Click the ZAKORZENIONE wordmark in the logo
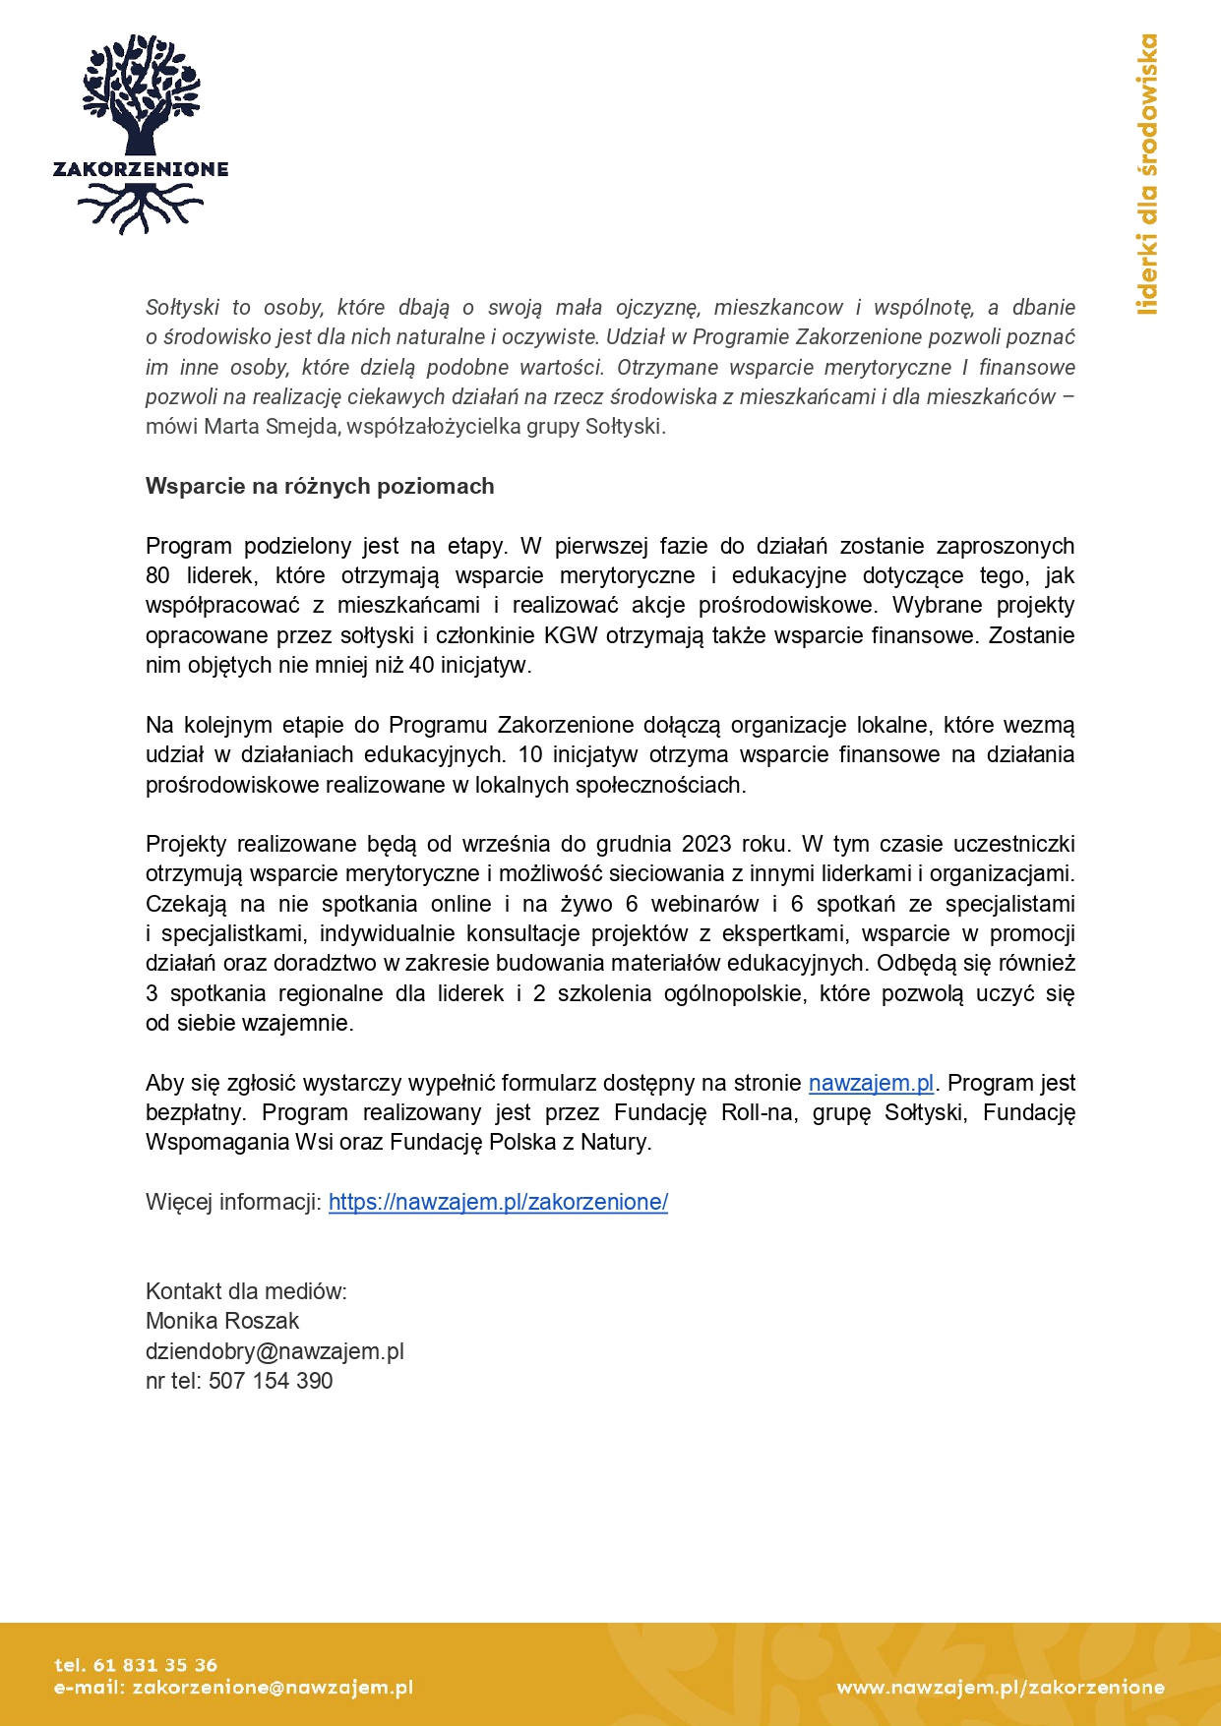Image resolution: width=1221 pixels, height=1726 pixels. [x=141, y=169]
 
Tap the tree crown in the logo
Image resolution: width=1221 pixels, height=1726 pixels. [x=141, y=84]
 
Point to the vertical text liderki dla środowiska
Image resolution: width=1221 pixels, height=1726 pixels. [x=1147, y=175]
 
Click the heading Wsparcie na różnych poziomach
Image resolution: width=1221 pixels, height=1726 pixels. [x=320, y=486]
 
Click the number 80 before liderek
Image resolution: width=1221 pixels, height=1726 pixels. [x=157, y=575]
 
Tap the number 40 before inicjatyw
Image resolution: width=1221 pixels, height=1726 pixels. [x=421, y=665]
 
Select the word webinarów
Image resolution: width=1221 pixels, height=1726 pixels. [x=705, y=904]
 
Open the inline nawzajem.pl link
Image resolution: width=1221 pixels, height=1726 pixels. [x=871, y=1083]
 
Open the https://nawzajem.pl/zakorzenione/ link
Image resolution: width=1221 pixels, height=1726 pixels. [x=498, y=1202]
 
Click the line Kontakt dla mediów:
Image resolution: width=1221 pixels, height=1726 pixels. [x=246, y=1291]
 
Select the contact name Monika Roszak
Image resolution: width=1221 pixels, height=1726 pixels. [x=222, y=1321]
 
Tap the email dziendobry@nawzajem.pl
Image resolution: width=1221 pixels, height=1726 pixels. [x=275, y=1351]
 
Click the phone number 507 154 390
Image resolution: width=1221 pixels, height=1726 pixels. [x=271, y=1381]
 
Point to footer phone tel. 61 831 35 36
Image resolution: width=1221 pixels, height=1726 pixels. [x=136, y=1665]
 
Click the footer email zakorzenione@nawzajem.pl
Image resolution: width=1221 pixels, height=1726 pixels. [x=273, y=1688]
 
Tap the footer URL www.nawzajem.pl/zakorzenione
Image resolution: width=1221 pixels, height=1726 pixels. [x=1001, y=1688]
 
